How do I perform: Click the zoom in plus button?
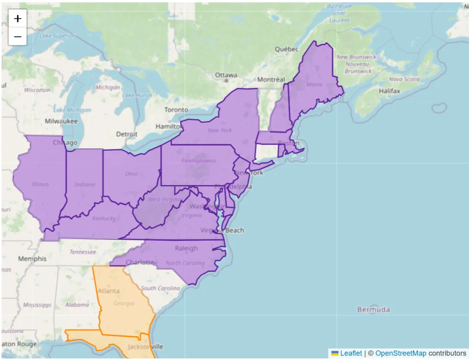[x=17, y=19]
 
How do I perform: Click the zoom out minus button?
[x=17, y=37]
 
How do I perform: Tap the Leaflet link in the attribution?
[x=350, y=353]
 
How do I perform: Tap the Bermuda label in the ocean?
[x=374, y=310]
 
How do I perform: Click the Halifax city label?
[x=389, y=91]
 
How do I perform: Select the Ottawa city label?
[x=226, y=75]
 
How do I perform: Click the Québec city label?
[x=286, y=49]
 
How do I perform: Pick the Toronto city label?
[x=176, y=110]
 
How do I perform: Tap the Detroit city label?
[x=127, y=134]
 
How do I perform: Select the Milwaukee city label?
[x=61, y=121]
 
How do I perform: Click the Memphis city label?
[x=32, y=259]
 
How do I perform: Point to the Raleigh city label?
[x=186, y=248]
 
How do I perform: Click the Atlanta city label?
[x=109, y=291]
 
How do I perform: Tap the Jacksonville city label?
[x=145, y=347]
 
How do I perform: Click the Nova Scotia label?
[x=404, y=79]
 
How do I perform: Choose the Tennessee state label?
[x=83, y=252]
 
